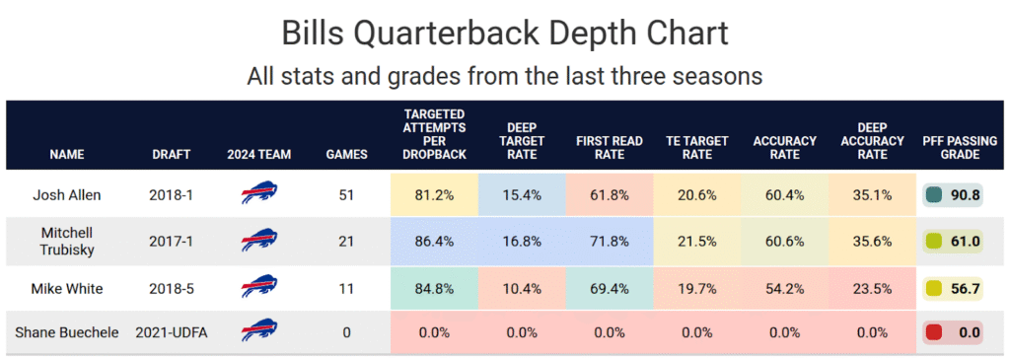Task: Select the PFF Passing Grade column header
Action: click(959, 147)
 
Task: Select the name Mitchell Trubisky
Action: click(67, 241)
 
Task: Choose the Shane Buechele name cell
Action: click(67, 333)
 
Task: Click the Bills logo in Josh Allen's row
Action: click(259, 194)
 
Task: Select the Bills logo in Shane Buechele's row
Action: click(259, 332)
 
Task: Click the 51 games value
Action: click(346, 195)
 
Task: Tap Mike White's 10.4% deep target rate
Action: click(522, 288)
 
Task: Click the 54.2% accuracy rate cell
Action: click(784, 288)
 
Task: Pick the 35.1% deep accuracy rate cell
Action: click(871, 195)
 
